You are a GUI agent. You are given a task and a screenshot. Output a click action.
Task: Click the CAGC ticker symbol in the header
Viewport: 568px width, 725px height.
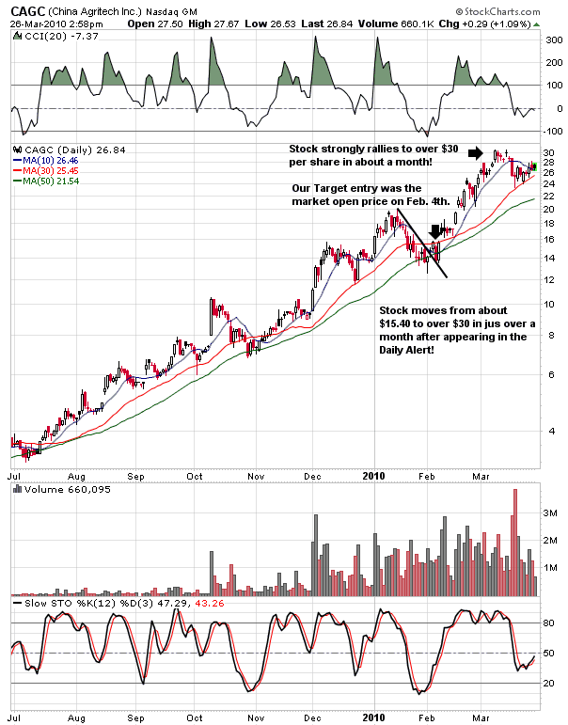[28, 9]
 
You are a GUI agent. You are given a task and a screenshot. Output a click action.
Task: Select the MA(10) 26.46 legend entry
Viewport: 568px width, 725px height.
[46, 162]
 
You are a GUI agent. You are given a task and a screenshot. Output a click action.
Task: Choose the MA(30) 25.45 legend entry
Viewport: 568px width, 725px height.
[46, 172]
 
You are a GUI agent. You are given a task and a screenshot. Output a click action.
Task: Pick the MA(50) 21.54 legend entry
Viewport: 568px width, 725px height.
[46, 182]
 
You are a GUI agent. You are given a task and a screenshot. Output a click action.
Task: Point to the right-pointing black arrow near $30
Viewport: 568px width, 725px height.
[477, 152]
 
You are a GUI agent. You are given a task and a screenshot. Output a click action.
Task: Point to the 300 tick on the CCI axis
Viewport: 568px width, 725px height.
[553, 40]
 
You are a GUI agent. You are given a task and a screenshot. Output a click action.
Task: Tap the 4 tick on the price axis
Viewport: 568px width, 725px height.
[549, 431]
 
